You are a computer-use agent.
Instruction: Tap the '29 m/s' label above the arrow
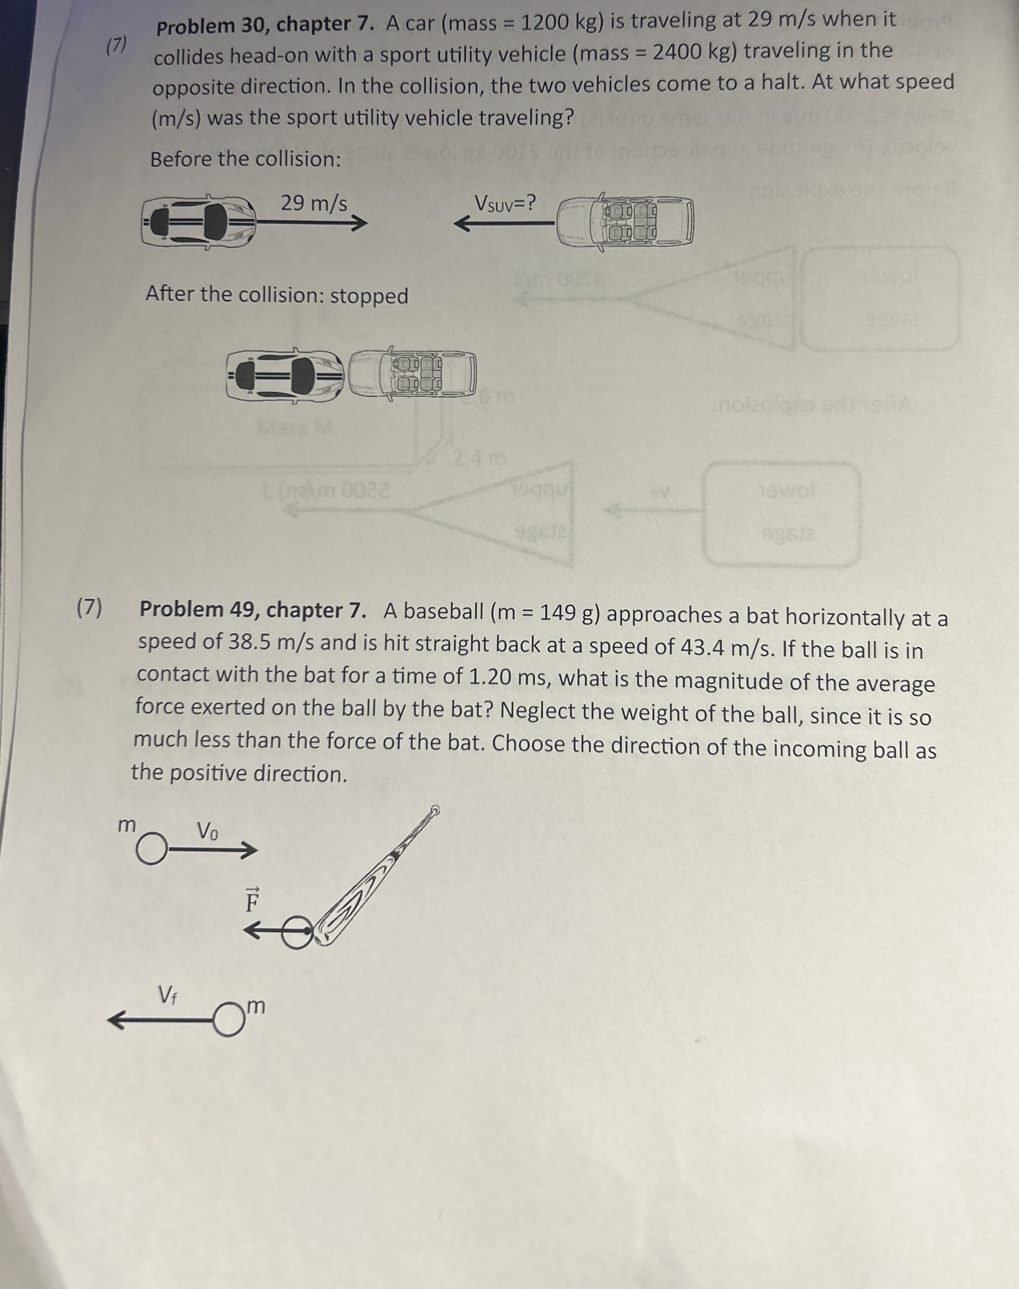point(314,204)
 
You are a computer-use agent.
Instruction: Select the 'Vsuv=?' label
point(505,204)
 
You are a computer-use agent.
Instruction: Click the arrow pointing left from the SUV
point(504,224)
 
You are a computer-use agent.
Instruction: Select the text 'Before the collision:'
point(245,160)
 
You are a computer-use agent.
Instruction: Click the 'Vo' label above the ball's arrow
point(208,830)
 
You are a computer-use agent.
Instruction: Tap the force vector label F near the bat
point(252,901)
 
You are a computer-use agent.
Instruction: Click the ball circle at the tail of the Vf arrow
point(229,1020)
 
